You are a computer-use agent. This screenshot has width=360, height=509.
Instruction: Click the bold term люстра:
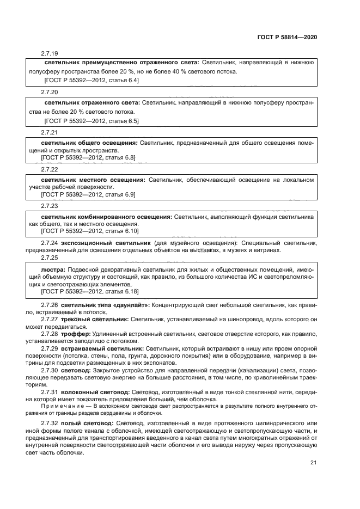[x=53, y=269]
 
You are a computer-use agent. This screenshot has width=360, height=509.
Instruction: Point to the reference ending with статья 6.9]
[x=89, y=194]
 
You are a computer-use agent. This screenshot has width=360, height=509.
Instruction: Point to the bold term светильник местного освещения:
[x=93, y=179]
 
